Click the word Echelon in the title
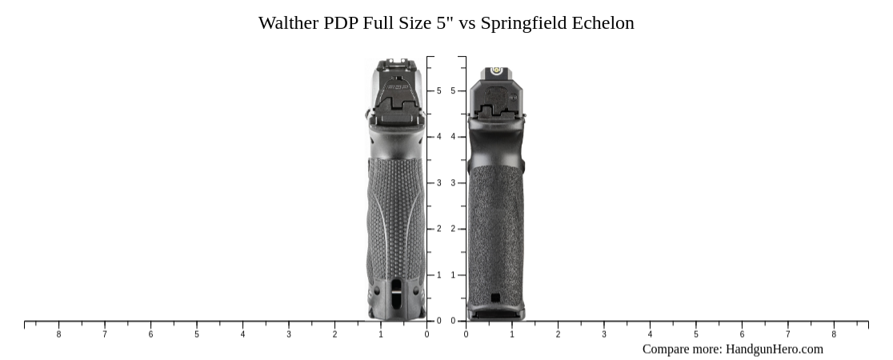603,23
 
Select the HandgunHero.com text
774,349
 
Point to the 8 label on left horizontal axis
58,334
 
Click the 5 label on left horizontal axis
197,334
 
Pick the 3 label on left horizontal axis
289,334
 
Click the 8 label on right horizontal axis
834,334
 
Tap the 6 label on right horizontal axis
742,334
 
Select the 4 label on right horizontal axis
650,334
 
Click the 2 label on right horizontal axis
558,334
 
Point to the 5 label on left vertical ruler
438,91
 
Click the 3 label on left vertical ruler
438,183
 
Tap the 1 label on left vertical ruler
438,275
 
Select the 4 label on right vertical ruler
453,137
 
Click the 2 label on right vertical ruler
453,229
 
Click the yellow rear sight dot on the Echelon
496,70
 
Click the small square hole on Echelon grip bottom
495,298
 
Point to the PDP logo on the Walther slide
397,86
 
